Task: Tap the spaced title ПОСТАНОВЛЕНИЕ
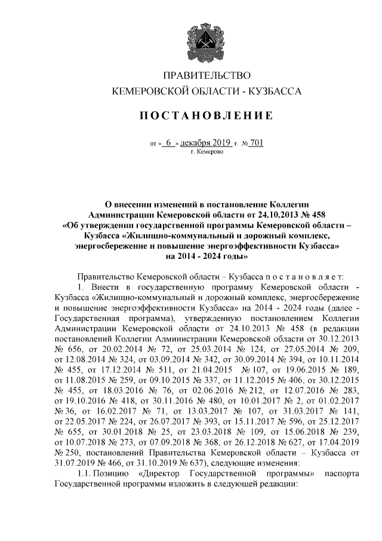click(x=207, y=115)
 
